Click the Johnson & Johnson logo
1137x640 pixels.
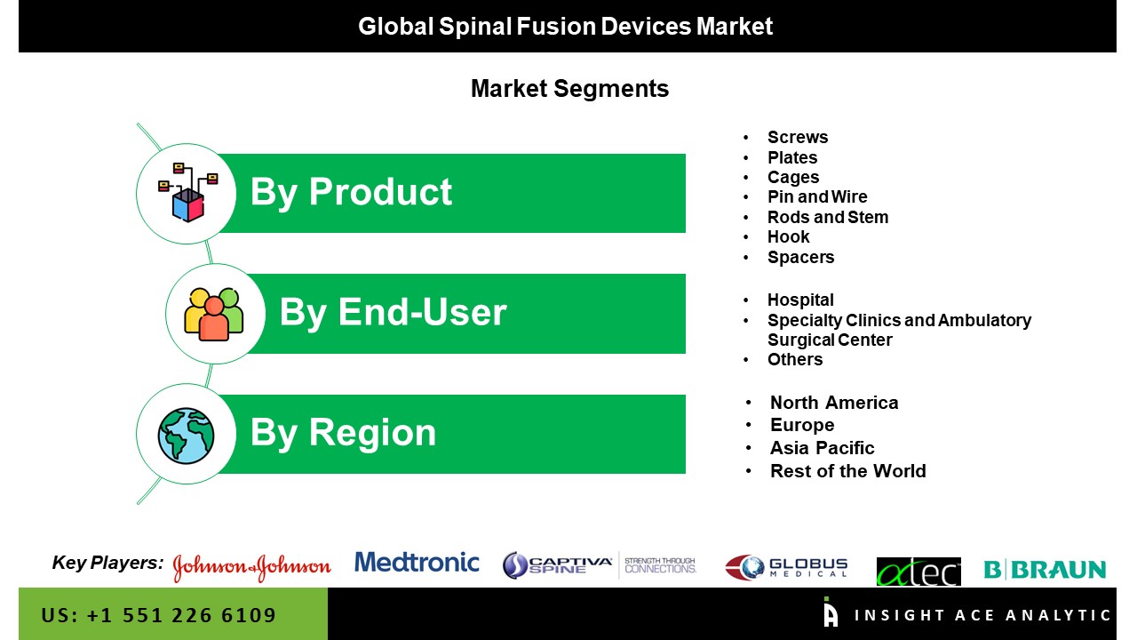[251, 567]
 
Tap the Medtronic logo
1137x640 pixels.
[417, 563]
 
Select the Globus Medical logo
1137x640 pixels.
[786, 567]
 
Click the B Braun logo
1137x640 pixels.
[1045, 570]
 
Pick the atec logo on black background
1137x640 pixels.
[918, 572]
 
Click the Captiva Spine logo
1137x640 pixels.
[600, 565]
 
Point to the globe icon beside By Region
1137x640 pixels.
[186, 436]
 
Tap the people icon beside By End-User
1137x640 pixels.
[214, 314]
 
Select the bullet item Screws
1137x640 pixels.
[798, 137]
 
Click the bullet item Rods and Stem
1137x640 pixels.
[828, 217]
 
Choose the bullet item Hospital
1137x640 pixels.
[800, 300]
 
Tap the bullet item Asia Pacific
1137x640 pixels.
[823, 448]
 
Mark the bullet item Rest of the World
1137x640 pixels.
[848, 471]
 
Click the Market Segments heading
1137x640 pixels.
[569, 89]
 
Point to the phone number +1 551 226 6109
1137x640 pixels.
[181, 615]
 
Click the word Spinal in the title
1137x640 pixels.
[475, 27]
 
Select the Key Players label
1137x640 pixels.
[107, 563]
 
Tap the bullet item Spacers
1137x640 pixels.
[800, 258]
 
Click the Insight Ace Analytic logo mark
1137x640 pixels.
[831, 612]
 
